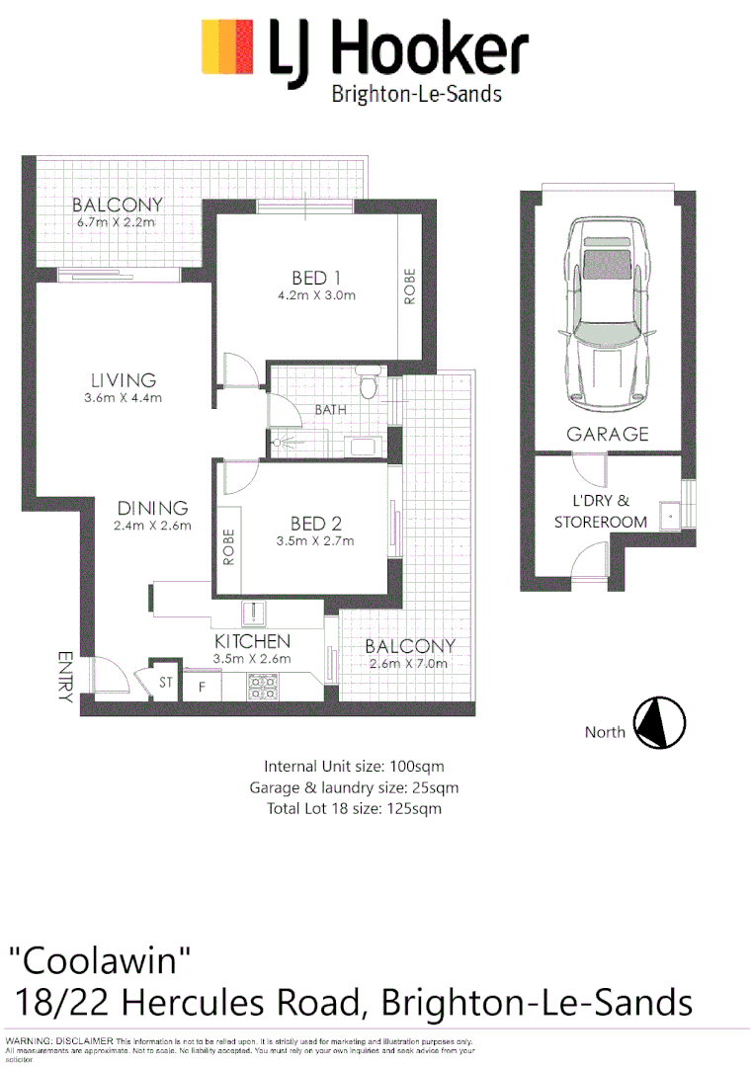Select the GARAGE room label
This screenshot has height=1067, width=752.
pyautogui.click(x=607, y=434)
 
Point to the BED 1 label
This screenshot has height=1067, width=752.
pyautogui.click(x=316, y=278)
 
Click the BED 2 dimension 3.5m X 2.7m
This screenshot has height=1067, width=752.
pyautogui.click(x=314, y=541)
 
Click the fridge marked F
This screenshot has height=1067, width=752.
pyautogui.click(x=203, y=684)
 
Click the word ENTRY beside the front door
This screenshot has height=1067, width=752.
pyautogui.click(x=65, y=677)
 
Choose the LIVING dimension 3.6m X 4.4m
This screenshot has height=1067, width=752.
pyautogui.click(x=124, y=398)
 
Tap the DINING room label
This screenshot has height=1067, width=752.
pyautogui.click(x=152, y=508)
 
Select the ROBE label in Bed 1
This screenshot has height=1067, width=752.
pyautogui.click(x=410, y=287)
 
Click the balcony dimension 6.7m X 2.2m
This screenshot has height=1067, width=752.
pyautogui.click(x=117, y=223)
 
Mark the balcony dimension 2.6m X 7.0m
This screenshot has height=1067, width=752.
pyautogui.click(x=410, y=664)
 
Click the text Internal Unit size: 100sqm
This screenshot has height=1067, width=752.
pyautogui.click(x=354, y=766)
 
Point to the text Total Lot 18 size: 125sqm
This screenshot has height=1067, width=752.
pyautogui.click(x=354, y=808)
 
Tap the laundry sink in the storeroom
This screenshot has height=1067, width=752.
pyautogui.click(x=672, y=514)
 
